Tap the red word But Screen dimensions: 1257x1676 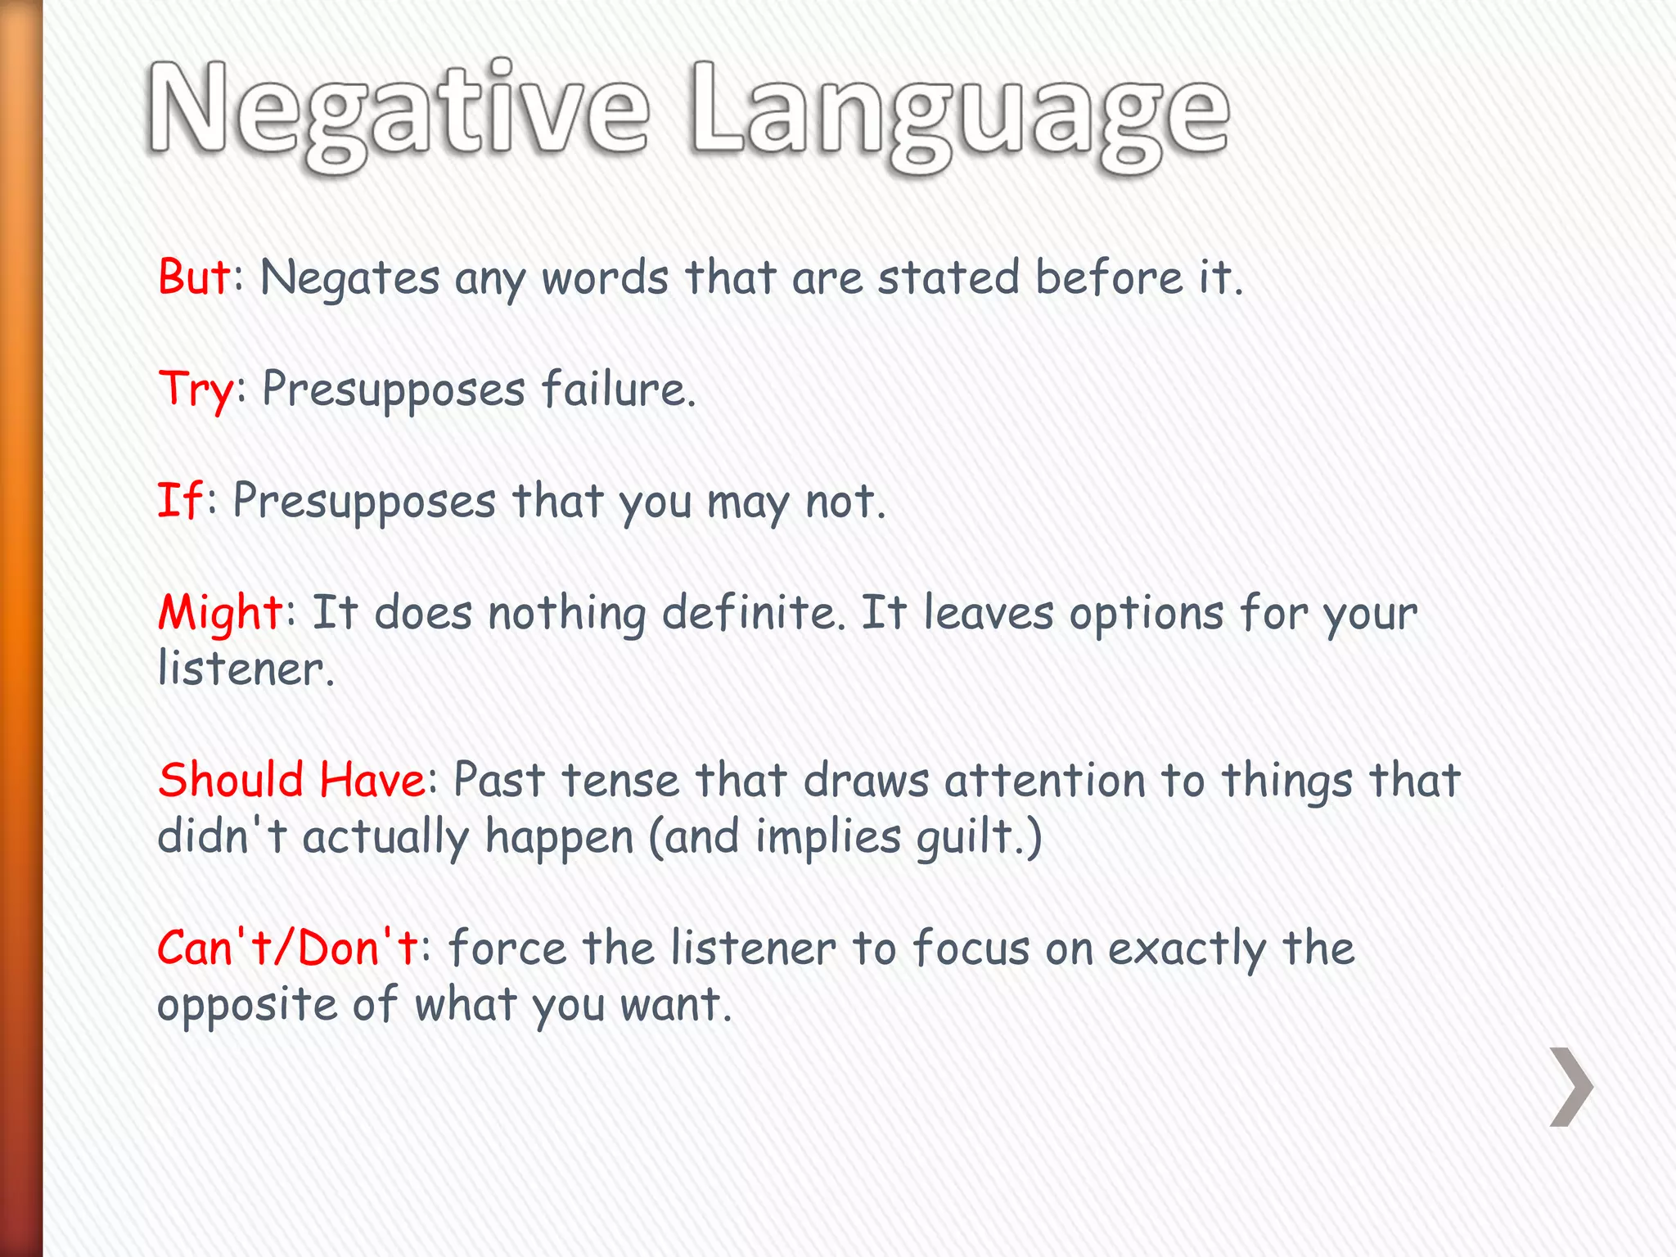194,277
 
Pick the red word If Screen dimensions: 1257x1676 178,500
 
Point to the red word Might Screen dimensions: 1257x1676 219,613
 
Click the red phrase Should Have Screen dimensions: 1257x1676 291,779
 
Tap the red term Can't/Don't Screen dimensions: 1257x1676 287,948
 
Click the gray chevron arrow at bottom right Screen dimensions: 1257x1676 1570,1087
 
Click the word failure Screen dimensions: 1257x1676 617,390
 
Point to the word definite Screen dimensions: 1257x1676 753,612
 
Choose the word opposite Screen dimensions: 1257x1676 246,1005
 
